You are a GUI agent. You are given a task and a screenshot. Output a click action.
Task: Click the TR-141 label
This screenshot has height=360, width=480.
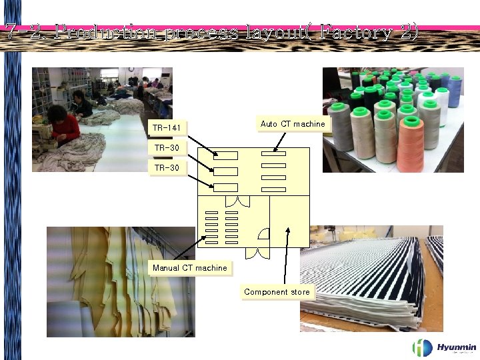coord(166,127)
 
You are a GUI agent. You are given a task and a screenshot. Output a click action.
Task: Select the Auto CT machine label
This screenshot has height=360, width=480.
coord(293,124)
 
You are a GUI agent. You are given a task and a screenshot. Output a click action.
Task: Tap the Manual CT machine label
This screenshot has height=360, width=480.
coord(189,268)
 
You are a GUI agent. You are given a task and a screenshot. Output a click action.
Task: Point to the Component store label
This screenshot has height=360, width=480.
coord(277,292)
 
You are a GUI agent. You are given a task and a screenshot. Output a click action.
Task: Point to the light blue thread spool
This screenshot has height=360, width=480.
coord(455,91)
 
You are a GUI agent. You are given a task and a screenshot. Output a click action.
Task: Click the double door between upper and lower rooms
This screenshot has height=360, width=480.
coord(237,201)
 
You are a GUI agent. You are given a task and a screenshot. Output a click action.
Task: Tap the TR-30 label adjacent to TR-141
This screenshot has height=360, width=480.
coord(166,147)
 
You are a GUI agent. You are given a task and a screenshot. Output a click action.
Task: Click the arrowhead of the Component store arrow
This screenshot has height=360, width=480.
coord(288,229)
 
